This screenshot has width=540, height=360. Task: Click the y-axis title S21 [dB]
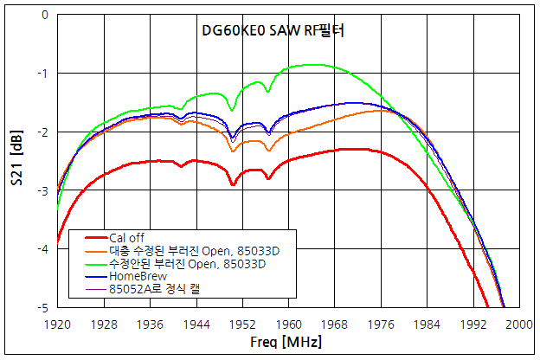point(16,161)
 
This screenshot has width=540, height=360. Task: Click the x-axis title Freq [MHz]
point(287,344)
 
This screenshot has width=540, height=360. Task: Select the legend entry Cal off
point(128,237)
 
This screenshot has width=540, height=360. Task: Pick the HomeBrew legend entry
point(138,276)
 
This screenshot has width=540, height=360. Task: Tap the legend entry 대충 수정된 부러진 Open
point(200,250)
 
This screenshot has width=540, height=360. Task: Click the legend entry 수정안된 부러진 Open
point(200,263)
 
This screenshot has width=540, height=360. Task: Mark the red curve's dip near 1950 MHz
point(233,184)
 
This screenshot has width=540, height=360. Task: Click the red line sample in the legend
point(95,237)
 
